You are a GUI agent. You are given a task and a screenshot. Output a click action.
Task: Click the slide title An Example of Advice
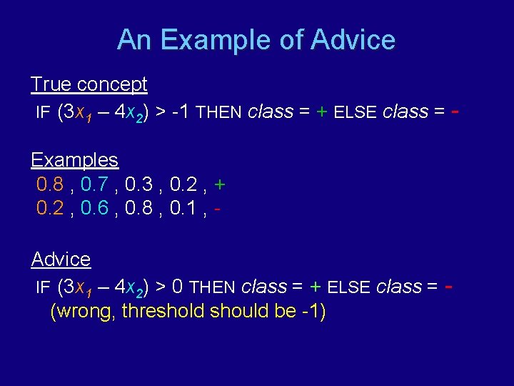click(256, 39)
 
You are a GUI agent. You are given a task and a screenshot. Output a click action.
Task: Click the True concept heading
click(89, 84)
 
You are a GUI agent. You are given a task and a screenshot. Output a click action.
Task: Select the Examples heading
click(74, 159)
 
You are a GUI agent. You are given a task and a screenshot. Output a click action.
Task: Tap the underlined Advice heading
click(61, 259)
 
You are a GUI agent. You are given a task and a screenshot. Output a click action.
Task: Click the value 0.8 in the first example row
click(50, 185)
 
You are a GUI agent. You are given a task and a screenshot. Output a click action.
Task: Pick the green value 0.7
click(95, 185)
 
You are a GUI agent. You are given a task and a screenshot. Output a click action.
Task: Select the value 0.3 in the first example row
click(138, 185)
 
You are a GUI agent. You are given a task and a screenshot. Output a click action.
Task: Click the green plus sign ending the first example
click(220, 185)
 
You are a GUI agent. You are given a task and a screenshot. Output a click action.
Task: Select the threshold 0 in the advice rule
click(177, 287)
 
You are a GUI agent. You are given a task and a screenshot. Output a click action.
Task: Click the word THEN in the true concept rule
click(219, 113)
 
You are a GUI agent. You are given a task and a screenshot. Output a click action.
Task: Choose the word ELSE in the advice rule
click(349, 287)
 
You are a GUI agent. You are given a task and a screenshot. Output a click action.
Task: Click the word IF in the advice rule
click(44, 287)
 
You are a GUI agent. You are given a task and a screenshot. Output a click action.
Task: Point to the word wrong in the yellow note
click(84, 312)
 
